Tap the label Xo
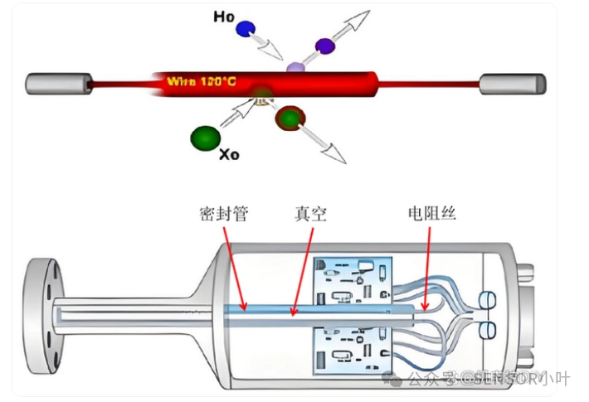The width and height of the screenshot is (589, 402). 229,154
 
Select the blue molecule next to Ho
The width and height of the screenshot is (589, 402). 246,30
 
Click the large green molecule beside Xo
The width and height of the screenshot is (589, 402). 202,136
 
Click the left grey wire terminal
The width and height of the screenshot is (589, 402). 59,83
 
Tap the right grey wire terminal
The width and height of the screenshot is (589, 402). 514,83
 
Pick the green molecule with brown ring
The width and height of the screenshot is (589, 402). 288,119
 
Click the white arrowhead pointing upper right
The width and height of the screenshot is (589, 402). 358,18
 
